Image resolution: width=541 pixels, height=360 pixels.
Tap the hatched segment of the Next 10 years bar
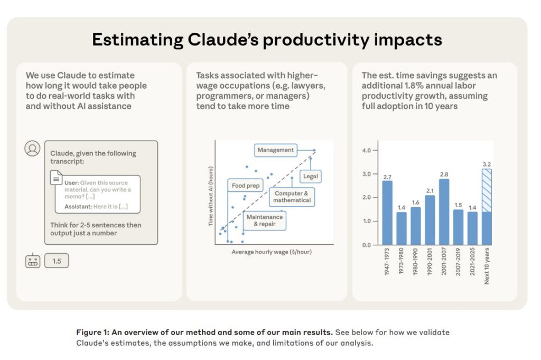pyautogui.click(x=487, y=190)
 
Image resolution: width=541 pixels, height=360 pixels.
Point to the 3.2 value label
pyautogui.click(x=487, y=164)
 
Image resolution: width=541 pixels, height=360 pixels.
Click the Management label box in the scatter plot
pyautogui.click(x=275, y=150)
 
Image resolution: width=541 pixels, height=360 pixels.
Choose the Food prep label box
pyautogui.click(x=246, y=186)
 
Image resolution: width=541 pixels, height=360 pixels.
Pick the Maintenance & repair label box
pyautogui.click(x=265, y=220)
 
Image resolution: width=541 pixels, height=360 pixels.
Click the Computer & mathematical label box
pyautogui.click(x=292, y=197)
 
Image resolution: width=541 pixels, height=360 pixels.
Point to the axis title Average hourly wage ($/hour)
pyautogui.click(x=272, y=252)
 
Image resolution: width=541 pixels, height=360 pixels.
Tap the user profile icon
pyautogui.click(x=32, y=149)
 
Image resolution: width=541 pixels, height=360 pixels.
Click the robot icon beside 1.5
pyautogui.click(x=33, y=261)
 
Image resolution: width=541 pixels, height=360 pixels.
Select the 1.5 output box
pyautogui.click(x=57, y=261)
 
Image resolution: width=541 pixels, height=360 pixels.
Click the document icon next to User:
pyautogui.click(x=57, y=179)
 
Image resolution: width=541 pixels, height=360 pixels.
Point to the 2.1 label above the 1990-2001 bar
pyautogui.click(x=430, y=191)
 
